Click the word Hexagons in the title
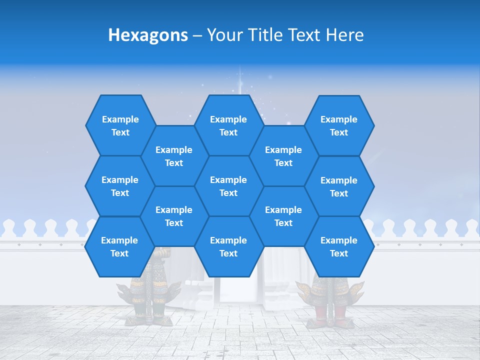pos(148,35)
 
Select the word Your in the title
pos(225,35)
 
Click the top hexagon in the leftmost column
pos(120,125)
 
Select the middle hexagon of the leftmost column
pos(120,186)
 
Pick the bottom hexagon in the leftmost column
pos(119,246)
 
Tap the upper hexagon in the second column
pos(174,156)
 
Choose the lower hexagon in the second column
pos(174,216)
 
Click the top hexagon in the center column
pos(228,125)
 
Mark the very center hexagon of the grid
pos(228,186)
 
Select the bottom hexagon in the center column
pos(228,246)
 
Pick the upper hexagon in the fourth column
pos(283,156)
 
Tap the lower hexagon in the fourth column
pos(283,216)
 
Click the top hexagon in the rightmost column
pos(339,125)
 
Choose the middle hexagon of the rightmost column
pos(339,186)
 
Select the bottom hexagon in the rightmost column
pos(339,246)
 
